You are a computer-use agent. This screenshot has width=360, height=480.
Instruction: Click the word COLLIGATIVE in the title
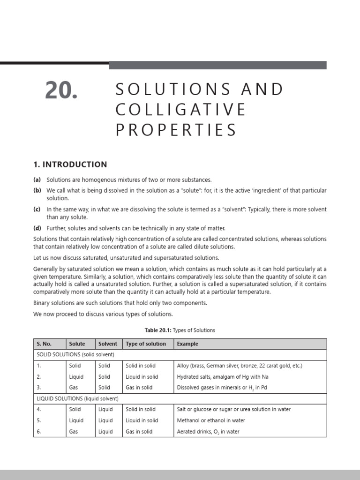[181, 110]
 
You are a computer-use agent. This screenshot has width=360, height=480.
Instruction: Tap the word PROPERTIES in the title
[177, 130]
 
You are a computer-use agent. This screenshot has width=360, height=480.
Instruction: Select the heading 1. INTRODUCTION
[70, 165]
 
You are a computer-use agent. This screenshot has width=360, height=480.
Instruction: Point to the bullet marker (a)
[37, 180]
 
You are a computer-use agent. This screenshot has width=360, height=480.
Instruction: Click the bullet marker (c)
[37, 210]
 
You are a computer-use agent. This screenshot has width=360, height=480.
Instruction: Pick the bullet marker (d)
[37, 228]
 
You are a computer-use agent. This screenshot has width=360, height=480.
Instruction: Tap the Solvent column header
[108, 344]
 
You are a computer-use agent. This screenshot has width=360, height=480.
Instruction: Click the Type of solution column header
[146, 344]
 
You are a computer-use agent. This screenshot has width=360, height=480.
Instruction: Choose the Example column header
[187, 344]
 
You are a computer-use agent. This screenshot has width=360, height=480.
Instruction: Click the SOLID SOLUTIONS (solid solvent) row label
[77, 355]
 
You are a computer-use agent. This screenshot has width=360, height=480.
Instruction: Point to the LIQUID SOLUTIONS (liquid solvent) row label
[78, 398]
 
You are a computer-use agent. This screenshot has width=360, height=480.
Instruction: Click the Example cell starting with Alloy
[240, 366]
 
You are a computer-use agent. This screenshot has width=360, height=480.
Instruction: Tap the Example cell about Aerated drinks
[208, 432]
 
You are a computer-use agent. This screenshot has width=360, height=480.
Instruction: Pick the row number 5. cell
[39, 420]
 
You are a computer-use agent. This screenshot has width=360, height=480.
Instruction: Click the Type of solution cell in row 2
[142, 377]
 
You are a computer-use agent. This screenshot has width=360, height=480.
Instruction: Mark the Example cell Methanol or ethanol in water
[211, 420]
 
